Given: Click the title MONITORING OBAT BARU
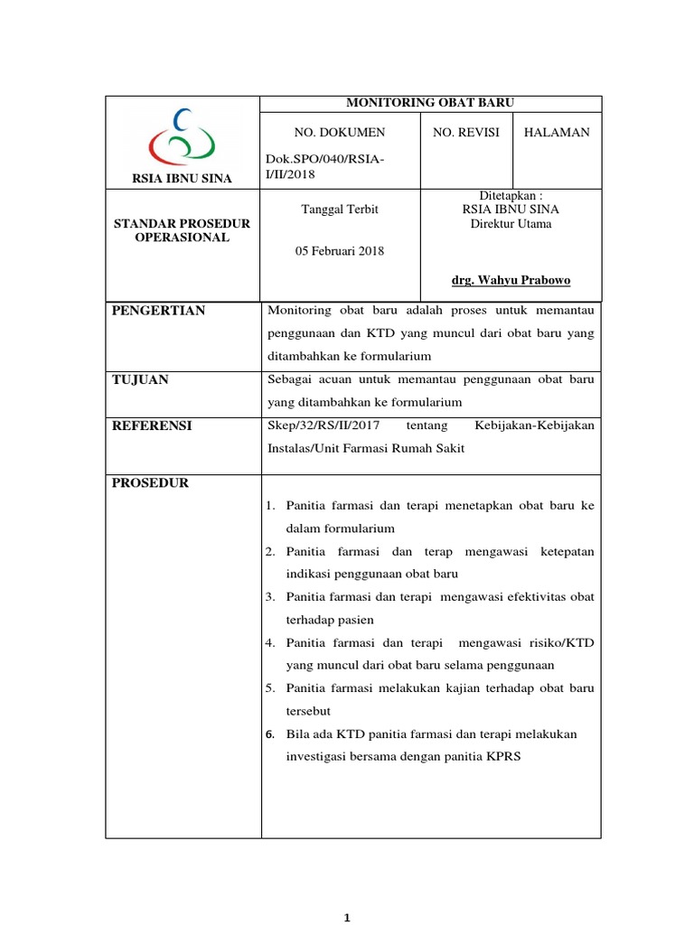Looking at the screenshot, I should pyautogui.click(x=431, y=104).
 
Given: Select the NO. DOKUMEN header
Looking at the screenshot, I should pyautogui.click(x=340, y=132).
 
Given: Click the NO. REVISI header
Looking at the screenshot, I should pyautogui.click(x=466, y=132).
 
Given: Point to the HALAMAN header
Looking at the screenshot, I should pyautogui.click(x=557, y=132).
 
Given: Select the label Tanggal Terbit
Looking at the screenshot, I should pyautogui.click(x=339, y=210).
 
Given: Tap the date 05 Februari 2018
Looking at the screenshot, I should pyautogui.click(x=340, y=251).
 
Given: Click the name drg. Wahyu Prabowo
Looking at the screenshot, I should pyautogui.click(x=517, y=280).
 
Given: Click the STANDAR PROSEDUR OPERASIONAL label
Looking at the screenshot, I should pyautogui.click(x=182, y=230).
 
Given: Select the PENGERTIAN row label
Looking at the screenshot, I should pyautogui.click(x=158, y=311).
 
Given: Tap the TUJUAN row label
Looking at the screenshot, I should pyautogui.click(x=140, y=379).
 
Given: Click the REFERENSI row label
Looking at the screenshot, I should pyautogui.click(x=152, y=425).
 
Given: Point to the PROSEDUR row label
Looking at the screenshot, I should pyautogui.click(x=150, y=483).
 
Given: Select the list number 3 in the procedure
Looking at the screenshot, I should pyautogui.click(x=269, y=597).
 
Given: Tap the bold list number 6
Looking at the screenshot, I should pyautogui.click(x=269, y=734).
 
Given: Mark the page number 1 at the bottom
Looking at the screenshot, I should pyautogui.click(x=348, y=918).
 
